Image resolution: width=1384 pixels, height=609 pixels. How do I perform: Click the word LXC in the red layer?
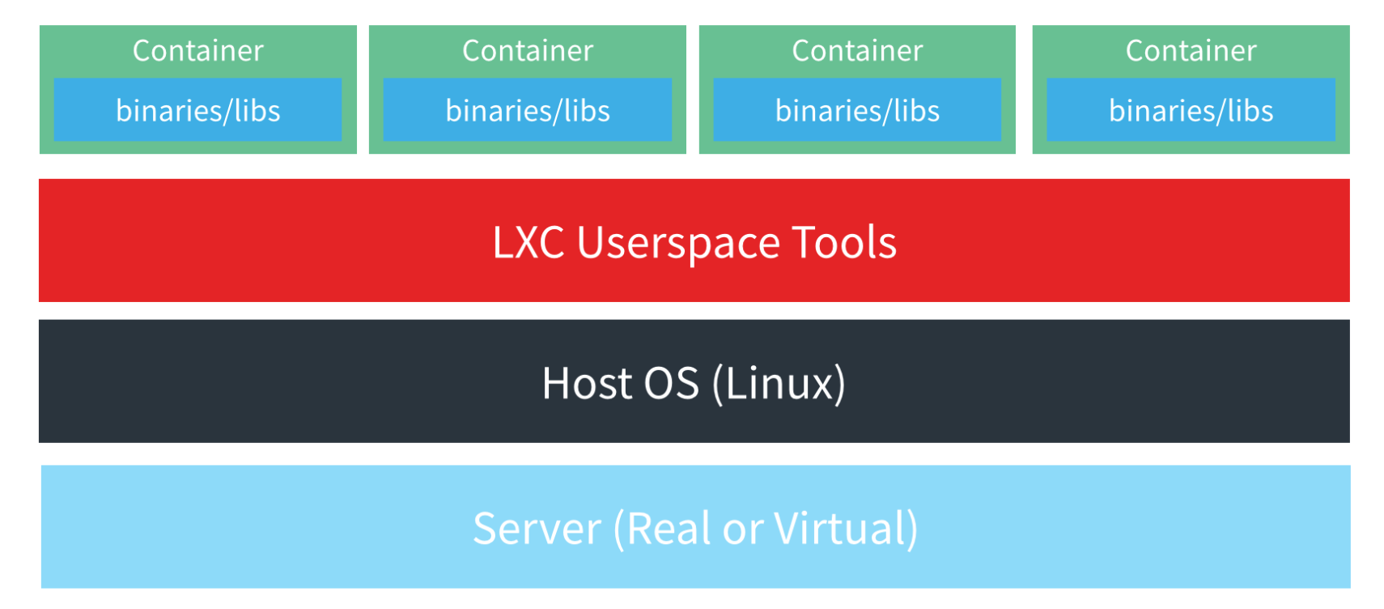(x=528, y=242)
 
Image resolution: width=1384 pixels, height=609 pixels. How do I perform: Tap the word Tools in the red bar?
(x=844, y=242)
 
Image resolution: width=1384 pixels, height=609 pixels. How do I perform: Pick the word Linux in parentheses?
(x=779, y=383)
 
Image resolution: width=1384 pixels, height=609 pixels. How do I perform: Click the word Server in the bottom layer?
(x=537, y=529)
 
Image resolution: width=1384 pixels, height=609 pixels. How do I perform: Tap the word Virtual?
(x=842, y=529)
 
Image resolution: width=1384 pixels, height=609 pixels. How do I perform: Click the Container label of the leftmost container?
(x=198, y=51)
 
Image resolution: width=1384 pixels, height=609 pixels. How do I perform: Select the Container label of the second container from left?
(x=528, y=51)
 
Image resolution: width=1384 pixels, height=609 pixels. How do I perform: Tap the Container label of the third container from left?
(x=857, y=51)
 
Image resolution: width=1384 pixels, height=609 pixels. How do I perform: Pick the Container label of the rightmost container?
(x=1191, y=51)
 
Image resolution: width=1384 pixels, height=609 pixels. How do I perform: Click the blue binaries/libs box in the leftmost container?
(x=198, y=110)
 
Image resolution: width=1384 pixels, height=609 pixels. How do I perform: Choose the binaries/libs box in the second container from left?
(x=528, y=110)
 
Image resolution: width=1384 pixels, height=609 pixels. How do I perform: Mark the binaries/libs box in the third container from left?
(x=857, y=110)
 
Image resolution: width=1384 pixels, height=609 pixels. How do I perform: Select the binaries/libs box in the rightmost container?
(x=1191, y=110)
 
